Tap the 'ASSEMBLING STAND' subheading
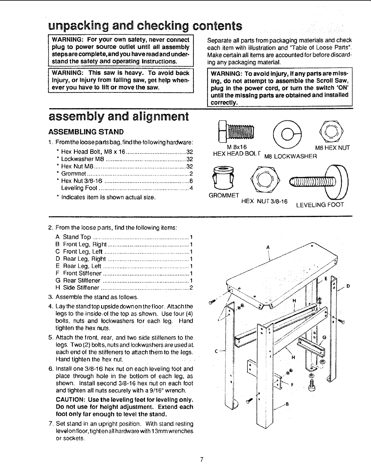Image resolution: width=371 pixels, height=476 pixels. tap(86, 132)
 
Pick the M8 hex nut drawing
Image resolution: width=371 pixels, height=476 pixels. tap(333, 131)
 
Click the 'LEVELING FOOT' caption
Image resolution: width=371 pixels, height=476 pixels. tap(320, 205)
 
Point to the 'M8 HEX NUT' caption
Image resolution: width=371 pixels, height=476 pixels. tap(332, 148)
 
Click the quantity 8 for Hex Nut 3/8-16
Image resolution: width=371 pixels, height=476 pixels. tap(191, 181)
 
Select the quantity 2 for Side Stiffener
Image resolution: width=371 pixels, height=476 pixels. tap(191, 288)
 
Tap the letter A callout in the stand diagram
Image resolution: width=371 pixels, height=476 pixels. tap(268, 247)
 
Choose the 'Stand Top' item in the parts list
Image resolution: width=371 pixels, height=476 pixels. tap(77, 237)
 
